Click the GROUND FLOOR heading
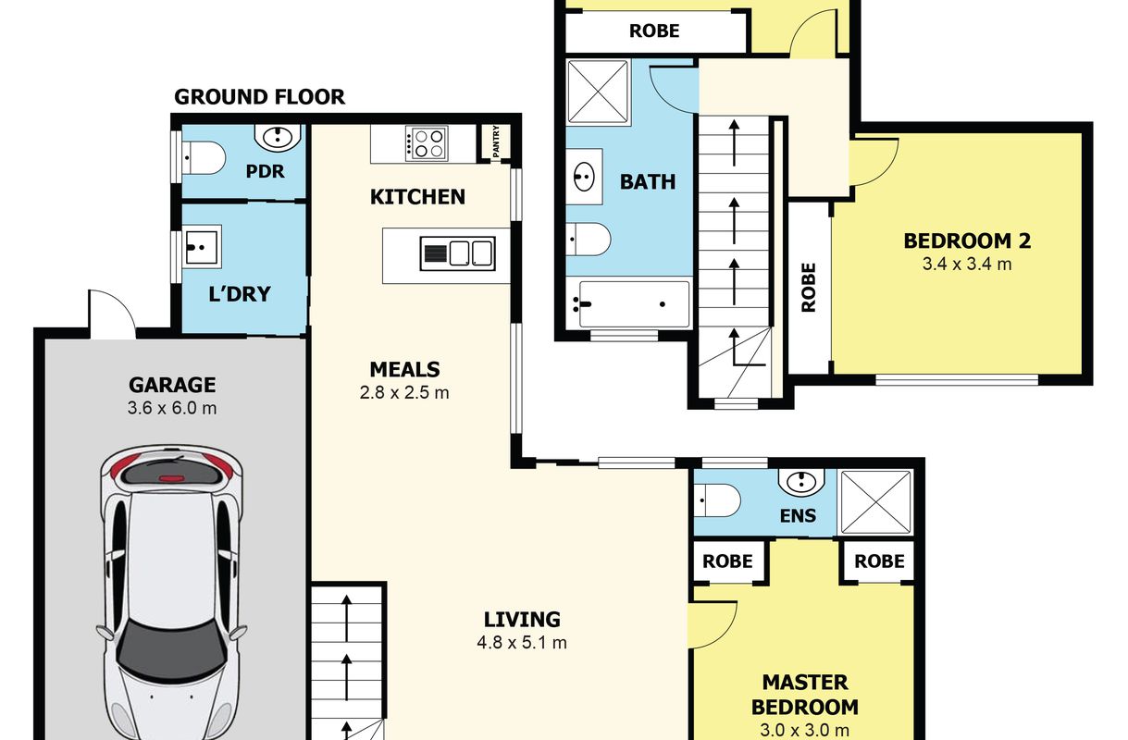click(x=259, y=96)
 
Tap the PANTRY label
click(x=496, y=142)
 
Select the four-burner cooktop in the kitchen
click(x=426, y=143)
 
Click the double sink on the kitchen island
click(x=457, y=253)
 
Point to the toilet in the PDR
click(x=203, y=158)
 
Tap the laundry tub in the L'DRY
click(x=201, y=247)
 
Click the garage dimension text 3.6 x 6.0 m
click(x=172, y=408)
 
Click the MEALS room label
click(x=405, y=369)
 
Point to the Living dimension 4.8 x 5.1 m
click(x=522, y=643)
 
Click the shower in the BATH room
click(x=599, y=92)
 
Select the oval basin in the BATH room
click(x=584, y=177)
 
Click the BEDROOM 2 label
click(x=967, y=241)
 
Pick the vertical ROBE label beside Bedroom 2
click(x=808, y=288)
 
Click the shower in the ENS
click(x=876, y=502)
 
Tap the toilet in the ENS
click(x=717, y=500)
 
